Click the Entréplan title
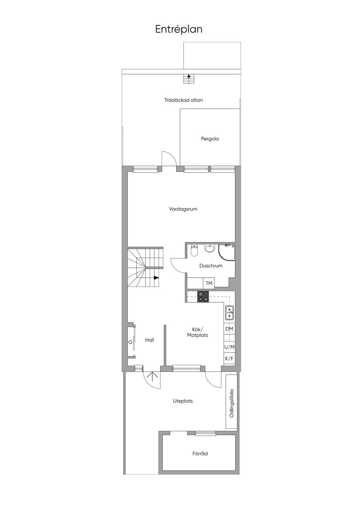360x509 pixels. pyautogui.click(x=179, y=30)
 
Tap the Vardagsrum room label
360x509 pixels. pyautogui.click(x=183, y=209)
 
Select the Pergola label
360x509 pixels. pyautogui.click(x=210, y=138)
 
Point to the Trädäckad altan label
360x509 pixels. pyautogui.click(x=184, y=100)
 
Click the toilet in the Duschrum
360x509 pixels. pyautogui.click(x=194, y=250)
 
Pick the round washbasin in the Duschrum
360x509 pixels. pyautogui.click(x=210, y=249)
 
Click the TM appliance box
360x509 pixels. pyautogui.click(x=208, y=283)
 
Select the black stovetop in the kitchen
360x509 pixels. pyautogui.click(x=203, y=297)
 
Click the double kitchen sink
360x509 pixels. pyautogui.click(x=229, y=313)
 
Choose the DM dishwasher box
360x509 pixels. pyautogui.click(x=229, y=329)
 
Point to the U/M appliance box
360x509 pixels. pyautogui.click(x=229, y=347)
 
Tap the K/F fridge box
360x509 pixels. pyautogui.click(x=229, y=359)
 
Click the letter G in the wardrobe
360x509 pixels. pyautogui.click(x=130, y=342)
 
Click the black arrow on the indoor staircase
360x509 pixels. pyautogui.click(x=156, y=277)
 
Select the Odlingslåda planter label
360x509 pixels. pyautogui.click(x=232, y=404)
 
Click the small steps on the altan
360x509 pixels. pyautogui.click(x=189, y=79)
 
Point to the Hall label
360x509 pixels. pyautogui.click(x=149, y=340)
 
